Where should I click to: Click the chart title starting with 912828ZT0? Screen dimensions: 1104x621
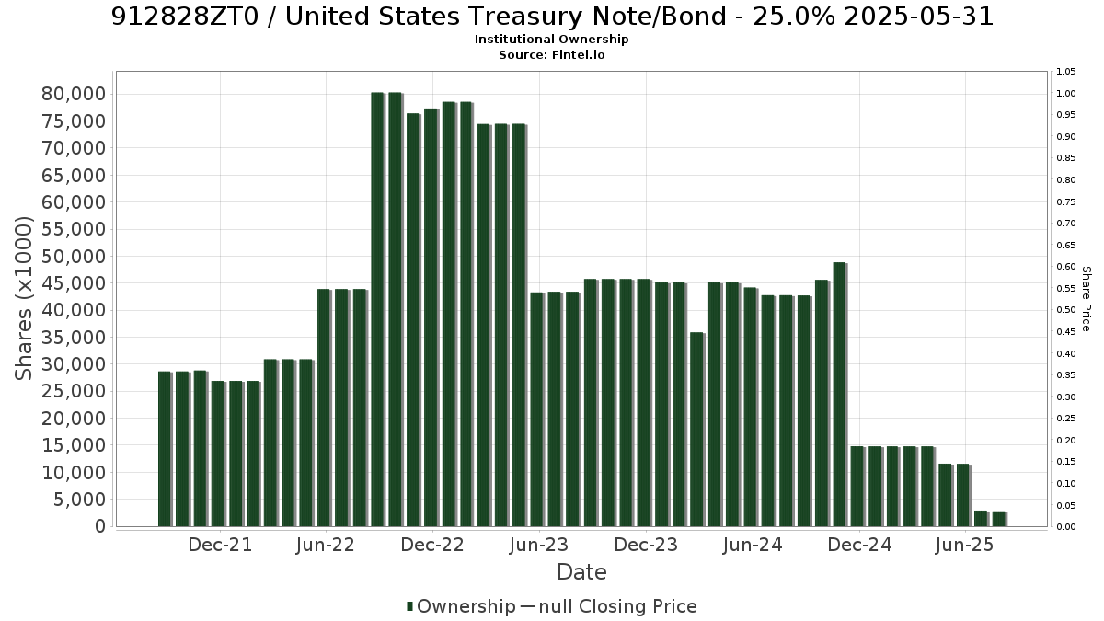[552, 17]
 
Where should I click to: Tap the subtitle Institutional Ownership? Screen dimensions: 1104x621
[551, 40]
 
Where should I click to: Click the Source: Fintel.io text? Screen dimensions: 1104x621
[551, 54]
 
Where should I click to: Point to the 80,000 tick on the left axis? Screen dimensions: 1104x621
[74, 94]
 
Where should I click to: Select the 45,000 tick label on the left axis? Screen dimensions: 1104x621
[74, 283]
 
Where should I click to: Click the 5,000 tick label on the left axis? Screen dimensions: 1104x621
[79, 500]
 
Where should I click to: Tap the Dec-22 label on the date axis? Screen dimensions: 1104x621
[432, 545]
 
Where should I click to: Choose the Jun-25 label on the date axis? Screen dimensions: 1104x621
[964, 545]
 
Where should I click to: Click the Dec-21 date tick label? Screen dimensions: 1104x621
[220, 545]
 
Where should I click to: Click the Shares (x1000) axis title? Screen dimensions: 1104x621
[23, 299]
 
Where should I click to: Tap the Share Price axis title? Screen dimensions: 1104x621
[1086, 299]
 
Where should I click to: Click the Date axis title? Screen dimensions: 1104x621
[581, 572]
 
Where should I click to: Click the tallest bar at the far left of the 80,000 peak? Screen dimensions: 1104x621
[377, 309]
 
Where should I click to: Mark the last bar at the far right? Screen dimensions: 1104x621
[998, 519]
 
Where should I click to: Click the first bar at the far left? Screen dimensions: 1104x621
[164, 449]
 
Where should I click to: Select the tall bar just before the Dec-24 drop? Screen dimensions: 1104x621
[839, 395]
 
